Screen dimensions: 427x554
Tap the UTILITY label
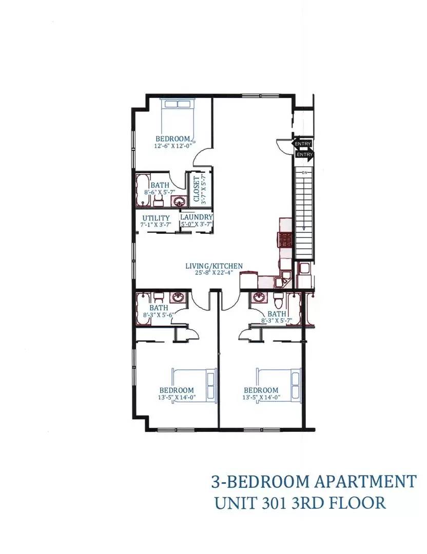click(x=156, y=218)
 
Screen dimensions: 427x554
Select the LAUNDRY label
click(x=197, y=217)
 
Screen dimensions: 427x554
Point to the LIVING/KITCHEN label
click(x=214, y=266)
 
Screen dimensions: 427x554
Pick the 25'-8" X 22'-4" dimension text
click(x=214, y=272)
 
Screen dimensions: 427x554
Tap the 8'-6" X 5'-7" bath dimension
click(x=160, y=192)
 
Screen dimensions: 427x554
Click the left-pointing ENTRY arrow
click(x=301, y=144)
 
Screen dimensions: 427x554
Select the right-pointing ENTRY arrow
click(x=304, y=155)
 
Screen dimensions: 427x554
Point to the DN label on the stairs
click(x=305, y=173)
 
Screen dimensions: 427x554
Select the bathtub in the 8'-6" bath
click(x=143, y=190)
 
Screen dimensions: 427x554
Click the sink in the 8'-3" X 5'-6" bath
click(x=177, y=298)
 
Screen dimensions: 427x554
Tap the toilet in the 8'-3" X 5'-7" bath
click(x=278, y=300)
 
